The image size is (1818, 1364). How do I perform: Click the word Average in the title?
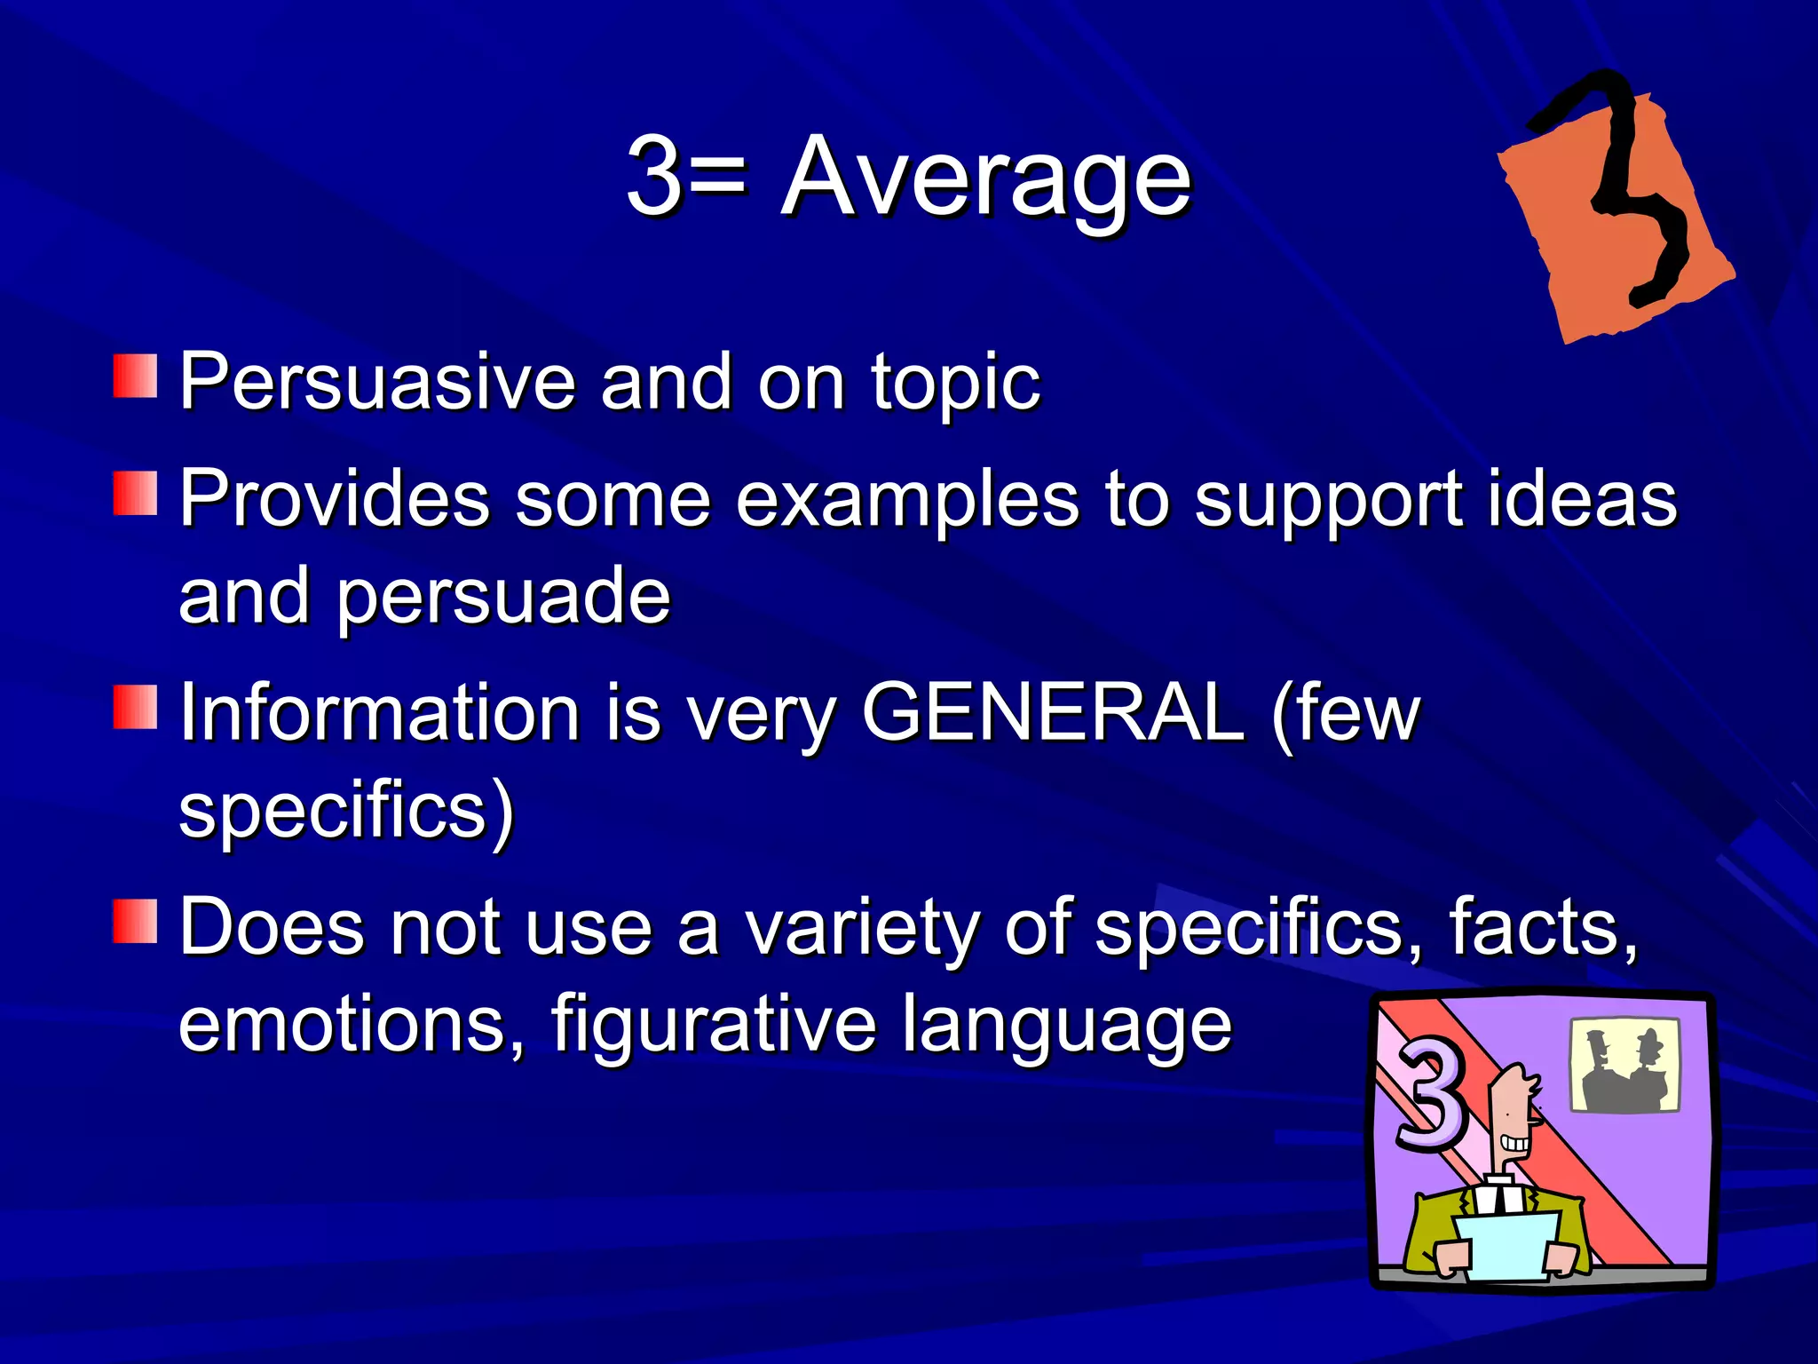pos(985,178)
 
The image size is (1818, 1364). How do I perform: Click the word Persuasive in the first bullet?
pos(378,382)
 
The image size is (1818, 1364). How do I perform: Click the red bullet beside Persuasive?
pos(135,377)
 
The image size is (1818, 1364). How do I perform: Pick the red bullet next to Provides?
pos(135,494)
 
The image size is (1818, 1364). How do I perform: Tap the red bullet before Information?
pos(135,708)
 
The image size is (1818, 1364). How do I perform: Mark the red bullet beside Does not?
pos(135,921)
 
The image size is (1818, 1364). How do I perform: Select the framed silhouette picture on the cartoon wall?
pos(1624,1065)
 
